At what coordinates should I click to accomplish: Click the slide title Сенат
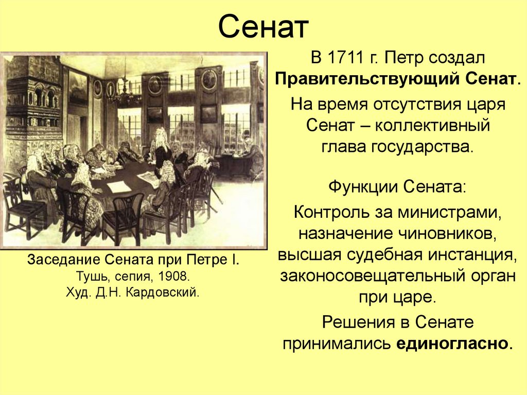click(x=263, y=27)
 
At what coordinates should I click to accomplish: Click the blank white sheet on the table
click(x=119, y=186)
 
